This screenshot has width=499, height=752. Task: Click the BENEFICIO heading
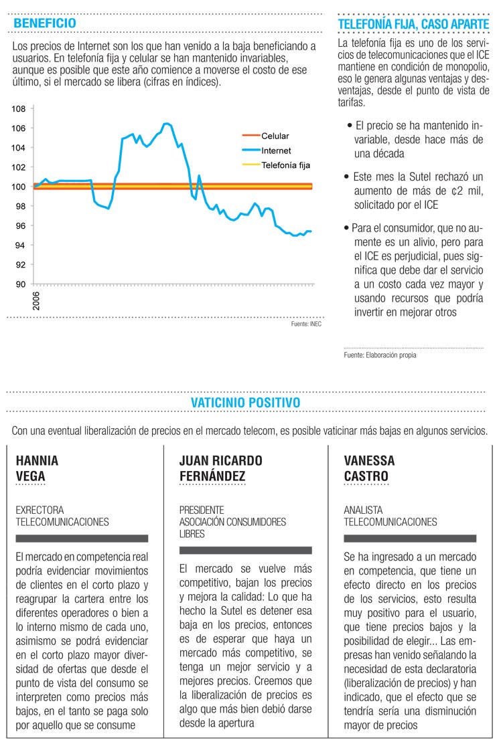coord(45,23)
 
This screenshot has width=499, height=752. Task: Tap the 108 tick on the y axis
coord(19,109)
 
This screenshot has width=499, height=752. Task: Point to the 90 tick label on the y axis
coord(21,284)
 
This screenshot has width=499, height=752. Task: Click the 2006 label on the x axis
coord(36,300)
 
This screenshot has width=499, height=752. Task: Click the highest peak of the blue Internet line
coord(166,124)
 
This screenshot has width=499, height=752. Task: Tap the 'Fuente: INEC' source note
coord(306,324)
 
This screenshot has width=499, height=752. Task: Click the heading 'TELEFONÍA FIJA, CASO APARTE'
coord(413,23)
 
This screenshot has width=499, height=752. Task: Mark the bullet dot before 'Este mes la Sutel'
coord(347,177)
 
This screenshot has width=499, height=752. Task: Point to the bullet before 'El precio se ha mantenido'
coord(350,126)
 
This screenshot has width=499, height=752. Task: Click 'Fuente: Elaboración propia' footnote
coord(380,355)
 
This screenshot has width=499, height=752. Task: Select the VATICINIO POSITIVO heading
coord(245,402)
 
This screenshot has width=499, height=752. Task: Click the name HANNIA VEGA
coord(37,468)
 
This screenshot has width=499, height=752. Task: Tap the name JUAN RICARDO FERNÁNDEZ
coord(221,468)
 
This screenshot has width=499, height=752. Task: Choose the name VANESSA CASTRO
coord(369,468)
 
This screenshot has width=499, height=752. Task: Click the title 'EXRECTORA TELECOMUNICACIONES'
coord(62,516)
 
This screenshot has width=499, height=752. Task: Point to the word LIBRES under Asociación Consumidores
coord(192,534)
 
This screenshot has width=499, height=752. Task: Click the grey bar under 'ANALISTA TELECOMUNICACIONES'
coord(410,539)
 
